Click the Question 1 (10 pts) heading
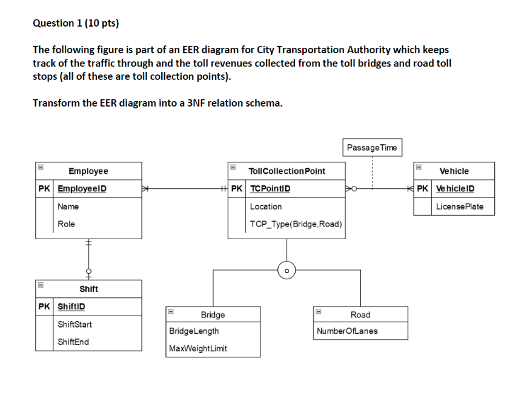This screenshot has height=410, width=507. (76, 24)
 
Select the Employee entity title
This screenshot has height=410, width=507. (88, 171)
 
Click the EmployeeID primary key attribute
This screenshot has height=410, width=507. (82, 189)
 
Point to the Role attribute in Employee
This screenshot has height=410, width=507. (67, 224)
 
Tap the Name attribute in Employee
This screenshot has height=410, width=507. (68, 207)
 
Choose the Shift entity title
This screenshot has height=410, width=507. (88, 289)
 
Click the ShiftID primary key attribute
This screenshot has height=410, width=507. (71, 306)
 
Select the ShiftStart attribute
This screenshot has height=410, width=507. (75, 325)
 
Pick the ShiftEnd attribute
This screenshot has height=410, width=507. (73, 342)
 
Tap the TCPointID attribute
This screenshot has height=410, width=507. (270, 189)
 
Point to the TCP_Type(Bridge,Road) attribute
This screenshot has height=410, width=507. (296, 224)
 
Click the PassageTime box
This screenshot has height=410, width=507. (372, 147)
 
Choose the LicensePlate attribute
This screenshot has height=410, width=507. (460, 207)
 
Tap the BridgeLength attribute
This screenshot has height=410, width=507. (194, 331)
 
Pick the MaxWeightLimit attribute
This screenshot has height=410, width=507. (198, 349)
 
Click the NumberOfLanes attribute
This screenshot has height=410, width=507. (347, 331)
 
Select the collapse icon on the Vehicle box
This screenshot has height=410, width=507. (417, 165)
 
